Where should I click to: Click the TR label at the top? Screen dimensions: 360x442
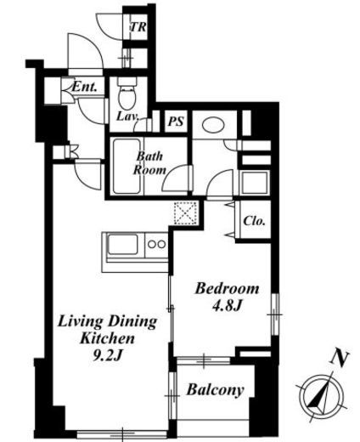point(138,27)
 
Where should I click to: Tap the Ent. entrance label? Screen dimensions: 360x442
point(84,87)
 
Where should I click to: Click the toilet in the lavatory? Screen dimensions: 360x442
point(127,93)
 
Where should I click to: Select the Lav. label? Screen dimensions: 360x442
point(128,116)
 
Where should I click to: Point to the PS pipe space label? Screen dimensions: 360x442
point(176,122)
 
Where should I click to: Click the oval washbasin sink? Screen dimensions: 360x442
point(214,125)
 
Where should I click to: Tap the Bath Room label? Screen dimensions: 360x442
point(149,163)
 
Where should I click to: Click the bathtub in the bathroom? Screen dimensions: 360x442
point(127,167)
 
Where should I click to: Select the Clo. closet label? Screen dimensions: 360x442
point(255,221)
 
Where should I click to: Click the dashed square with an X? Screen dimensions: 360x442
point(185,213)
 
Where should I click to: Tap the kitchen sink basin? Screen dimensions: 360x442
point(123,245)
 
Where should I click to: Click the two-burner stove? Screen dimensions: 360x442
point(156,244)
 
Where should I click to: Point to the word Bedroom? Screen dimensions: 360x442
point(228,289)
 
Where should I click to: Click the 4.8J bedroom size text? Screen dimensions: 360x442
point(228,305)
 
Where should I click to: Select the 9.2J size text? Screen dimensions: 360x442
point(107,355)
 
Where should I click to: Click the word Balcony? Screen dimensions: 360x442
point(216,390)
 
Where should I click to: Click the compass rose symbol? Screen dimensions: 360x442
point(322,395)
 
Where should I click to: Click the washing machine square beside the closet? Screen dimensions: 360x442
point(255,183)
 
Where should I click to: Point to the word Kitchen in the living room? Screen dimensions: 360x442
point(107,338)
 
